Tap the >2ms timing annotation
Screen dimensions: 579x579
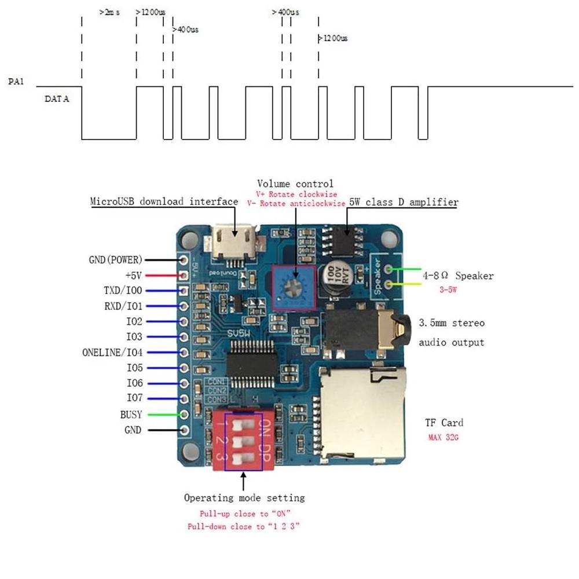click(x=110, y=12)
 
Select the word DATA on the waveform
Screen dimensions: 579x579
click(x=57, y=99)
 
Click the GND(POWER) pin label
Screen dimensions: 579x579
click(x=115, y=260)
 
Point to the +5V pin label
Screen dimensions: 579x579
click(x=133, y=275)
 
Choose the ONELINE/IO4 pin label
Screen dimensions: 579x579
click(x=112, y=352)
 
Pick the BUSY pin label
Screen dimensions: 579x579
click(x=131, y=414)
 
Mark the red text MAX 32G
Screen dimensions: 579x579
click(x=444, y=437)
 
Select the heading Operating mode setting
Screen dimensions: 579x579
click(x=244, y=498)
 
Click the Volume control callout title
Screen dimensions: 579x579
click(x=295, y=184)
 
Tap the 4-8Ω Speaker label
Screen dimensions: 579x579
click(x=458, y=276)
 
